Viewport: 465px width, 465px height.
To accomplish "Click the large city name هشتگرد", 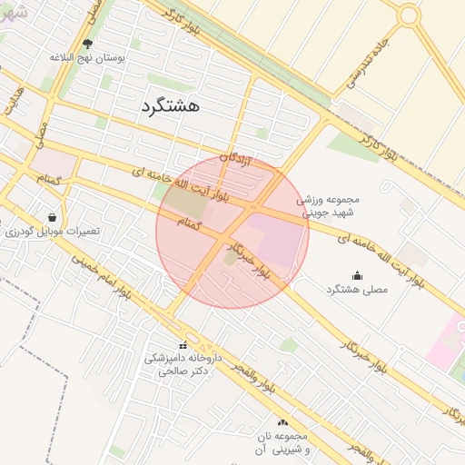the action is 170,106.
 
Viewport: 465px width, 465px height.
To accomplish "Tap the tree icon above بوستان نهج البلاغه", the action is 87,43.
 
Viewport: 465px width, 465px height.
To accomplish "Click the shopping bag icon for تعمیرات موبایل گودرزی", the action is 53,217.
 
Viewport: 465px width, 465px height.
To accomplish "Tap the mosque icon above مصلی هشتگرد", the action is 356,275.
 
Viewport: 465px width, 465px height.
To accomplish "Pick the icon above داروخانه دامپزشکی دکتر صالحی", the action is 183,344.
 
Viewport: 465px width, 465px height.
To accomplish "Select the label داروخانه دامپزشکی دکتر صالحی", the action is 183,365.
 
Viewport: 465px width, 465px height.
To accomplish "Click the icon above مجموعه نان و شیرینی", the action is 282,422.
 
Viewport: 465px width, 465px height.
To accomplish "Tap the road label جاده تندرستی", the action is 371,67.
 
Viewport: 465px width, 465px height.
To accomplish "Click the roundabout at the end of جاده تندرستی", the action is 409,15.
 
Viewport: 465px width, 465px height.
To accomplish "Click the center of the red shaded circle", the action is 232,232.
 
